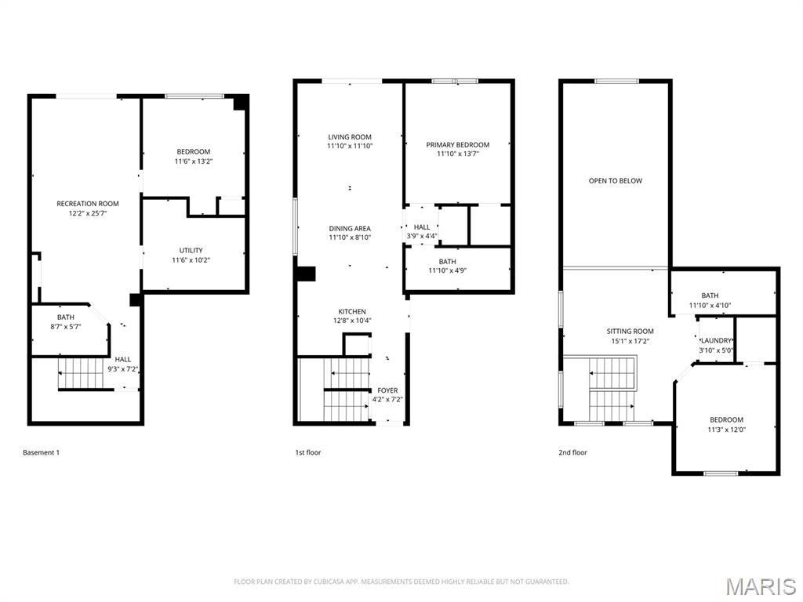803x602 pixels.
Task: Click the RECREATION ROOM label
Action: (x=88, y=204)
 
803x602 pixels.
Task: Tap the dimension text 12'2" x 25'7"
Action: (x=88, y=213)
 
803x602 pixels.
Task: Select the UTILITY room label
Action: (x=191, y=250)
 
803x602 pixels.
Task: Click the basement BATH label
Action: (x=66, y=317)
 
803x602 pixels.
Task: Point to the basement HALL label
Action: (x=123, y=359)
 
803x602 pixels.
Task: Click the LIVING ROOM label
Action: (x=350, y=137)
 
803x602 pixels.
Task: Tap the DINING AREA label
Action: (x=350, y=228)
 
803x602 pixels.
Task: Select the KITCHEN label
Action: (x=352, y=311)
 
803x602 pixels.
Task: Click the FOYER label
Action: (x=387, y=390)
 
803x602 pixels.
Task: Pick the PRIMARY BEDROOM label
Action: (x=458, y=145)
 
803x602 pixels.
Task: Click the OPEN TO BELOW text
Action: (x=616, y=181)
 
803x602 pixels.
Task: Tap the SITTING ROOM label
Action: (x=630, y=332)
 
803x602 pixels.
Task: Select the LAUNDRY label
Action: (x=716, y=341)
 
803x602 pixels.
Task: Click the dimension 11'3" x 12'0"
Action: (x=726, y=430)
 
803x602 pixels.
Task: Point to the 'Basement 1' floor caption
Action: (x=41, y=452)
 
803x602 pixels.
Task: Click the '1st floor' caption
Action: (x=307, y=452)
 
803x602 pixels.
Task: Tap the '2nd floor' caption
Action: (x=573, y=452)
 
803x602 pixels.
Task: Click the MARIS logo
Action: (x=760, y=586)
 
